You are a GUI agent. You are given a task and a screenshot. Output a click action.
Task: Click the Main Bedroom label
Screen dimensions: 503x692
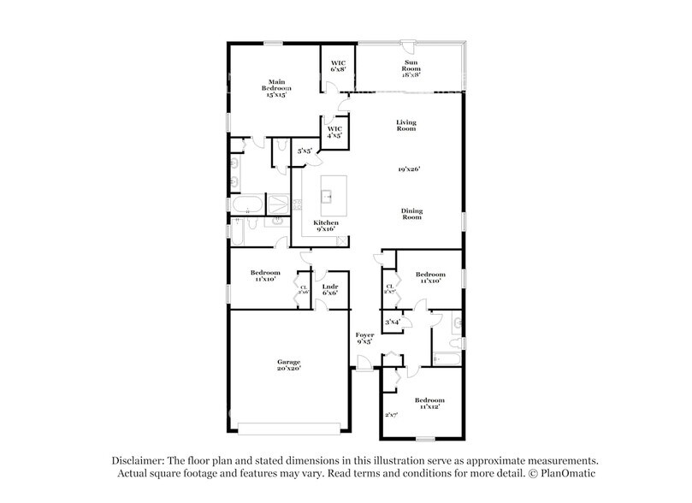coord(276,85)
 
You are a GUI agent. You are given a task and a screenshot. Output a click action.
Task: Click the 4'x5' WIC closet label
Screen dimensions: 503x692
coord(334,132)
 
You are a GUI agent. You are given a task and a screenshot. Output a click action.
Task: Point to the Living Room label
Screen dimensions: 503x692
coord(405,125)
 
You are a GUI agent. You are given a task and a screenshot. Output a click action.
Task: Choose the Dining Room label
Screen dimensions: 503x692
coord(412,215)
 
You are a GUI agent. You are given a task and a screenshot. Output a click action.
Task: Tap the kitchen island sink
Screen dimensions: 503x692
coord(327,196)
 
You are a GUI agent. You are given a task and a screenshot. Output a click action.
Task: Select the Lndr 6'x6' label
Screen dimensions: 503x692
coord(329,289)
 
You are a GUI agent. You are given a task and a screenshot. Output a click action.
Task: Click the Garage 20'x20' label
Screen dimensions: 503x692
coord(288,365)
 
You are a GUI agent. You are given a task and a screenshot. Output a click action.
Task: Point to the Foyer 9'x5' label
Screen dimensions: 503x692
coord(364,337)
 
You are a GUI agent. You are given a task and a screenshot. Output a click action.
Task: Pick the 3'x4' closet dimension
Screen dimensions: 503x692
coord(393,322)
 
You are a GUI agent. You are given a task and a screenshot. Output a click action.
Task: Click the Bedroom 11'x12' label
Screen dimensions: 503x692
coord(429,403)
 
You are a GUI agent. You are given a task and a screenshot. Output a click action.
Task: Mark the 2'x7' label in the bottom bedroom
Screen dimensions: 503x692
coord(393,414)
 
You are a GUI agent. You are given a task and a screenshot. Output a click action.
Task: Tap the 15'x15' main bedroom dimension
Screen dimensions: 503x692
coord(275,95)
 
